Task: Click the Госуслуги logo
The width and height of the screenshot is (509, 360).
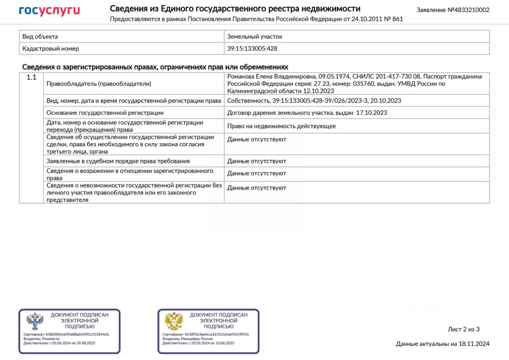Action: pyautogui.click(x=49, y=11)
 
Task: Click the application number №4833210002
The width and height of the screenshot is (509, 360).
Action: pyautogui.click(x=453, y=10)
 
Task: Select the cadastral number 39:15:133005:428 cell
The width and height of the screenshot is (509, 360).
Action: pyautogui.click(x=252, y=49)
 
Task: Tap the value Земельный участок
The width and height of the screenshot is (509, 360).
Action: pyautogui.click(x=254, y=37)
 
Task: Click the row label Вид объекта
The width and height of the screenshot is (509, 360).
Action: pyautogui.click(x=40, y=37)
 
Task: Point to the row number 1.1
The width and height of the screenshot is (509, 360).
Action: pyautogui.click(x=31, y=78)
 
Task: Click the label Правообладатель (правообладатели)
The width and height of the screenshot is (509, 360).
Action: pyautogui.click(x=99, y=84)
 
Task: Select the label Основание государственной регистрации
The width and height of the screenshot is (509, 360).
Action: pyautogui.click(x=105, y=113)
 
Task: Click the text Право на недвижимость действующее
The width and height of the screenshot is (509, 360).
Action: pyautogui.click(x=282, y=126)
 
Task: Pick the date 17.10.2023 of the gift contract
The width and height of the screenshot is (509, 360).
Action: pyautogui.click(x=371, y=113)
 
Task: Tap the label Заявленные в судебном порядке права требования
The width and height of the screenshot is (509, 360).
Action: pyautogui.click(x=118, y=161)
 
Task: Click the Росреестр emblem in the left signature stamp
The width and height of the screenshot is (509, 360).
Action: pyautogui.click(x=35, y=321)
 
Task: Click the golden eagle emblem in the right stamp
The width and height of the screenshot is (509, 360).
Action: pyautogui.click(x=174, y=321)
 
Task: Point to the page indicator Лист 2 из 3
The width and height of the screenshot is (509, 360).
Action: pyautogui.click(x=464, y=329)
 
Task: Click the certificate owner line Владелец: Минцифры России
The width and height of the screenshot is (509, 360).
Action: pyautogui.click(x=187, y=339)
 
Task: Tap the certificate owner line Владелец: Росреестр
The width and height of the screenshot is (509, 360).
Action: pyautogui.click(x=41, y=339)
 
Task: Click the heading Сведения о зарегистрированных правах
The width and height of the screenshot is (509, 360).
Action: pyautogui.click(x=155, y=67)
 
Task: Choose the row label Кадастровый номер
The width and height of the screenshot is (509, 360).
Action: pyautogui.click(x=51, y=49)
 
